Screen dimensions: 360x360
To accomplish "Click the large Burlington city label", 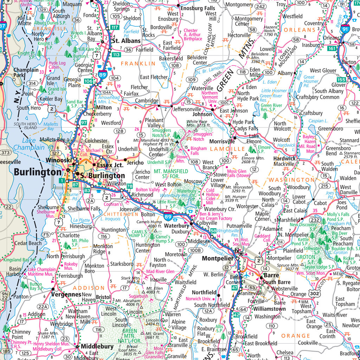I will [x=38, y=172].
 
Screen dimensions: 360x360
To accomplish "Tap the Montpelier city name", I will [x=218, y=259].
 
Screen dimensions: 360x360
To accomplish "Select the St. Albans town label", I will [x=126, y=41].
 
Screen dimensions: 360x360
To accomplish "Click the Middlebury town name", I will [x=97, y=347].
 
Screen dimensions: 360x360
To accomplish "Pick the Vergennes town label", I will [x=66, y=294].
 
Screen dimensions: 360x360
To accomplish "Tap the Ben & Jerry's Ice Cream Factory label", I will [x=216, y=216].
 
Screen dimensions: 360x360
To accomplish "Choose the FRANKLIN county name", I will [x=138, y=64].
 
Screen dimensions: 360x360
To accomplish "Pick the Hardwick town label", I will [x=284, y=159].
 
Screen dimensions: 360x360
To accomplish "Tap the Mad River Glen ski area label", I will [x=160, y=271].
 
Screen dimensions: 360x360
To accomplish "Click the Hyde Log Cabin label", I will [x=57, y=65].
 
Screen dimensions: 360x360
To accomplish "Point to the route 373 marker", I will [x=5, y=153].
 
